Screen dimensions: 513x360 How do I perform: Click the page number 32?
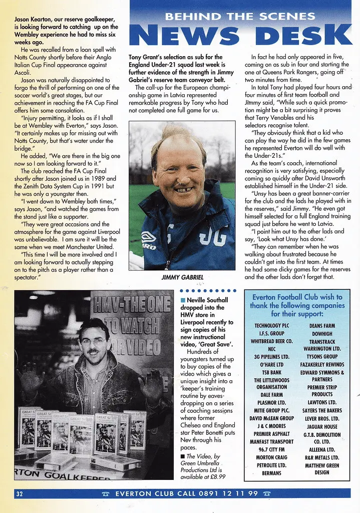[x=20, y=493]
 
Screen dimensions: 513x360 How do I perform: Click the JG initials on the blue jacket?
[x=213, y=236]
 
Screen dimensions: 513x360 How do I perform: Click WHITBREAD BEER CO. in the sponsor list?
[x=272, y=341]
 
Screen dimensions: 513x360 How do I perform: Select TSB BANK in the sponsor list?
[x=272, y=372]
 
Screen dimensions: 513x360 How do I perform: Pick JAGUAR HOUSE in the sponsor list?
[x=323, y=426]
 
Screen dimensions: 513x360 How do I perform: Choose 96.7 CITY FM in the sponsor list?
[x=272, y=449]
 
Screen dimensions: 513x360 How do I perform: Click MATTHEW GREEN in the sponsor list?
[x=323, y=465]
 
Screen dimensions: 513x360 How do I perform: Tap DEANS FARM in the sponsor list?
[x=323, y=326]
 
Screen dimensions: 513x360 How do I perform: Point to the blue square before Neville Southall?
[x=183, y=300]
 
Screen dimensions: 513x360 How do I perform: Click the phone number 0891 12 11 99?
[x=232, y=493]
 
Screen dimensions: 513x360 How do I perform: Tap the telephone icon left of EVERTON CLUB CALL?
[x=105, y=493]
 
